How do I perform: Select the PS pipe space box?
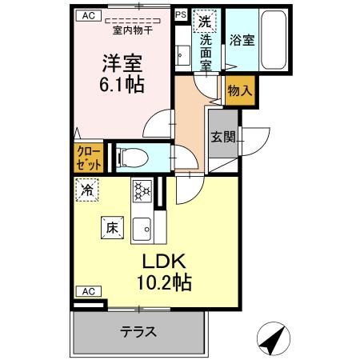[x=181, y=14]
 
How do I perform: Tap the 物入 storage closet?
[x=239, y=91]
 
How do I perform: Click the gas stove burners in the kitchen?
[x=142, y=192]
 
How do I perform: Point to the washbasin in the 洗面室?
[x=182, y=55]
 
